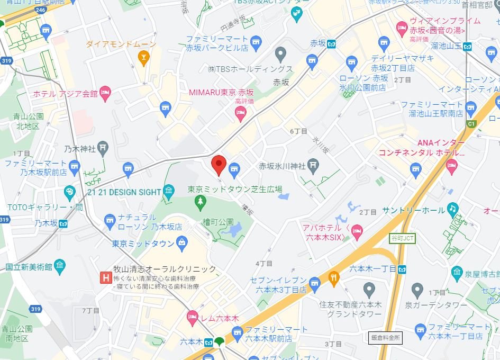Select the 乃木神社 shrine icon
103,149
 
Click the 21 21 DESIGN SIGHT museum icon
169,192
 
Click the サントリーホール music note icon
452,210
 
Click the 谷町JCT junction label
403,238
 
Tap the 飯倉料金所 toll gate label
386,337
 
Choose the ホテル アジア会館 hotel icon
105,94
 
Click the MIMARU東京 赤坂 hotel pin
241,113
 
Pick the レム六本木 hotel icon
193,318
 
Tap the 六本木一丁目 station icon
403,269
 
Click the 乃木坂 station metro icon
63,223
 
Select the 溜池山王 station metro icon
468,46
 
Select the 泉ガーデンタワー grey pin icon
417,290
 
